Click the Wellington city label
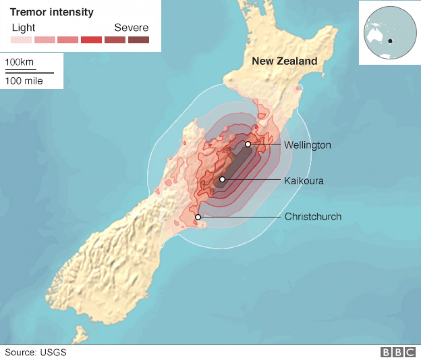click(307, 145)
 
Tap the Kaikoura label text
click(303, 180)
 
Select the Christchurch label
click(313, 216)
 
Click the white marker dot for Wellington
click(248, 144)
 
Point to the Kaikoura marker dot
click(222, 179)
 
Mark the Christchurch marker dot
click(198, 217)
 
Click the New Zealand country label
click(284, 61)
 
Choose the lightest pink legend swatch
click(21, 40)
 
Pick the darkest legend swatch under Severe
click(139, 40)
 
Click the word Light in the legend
click(23, 28)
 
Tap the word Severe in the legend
click(132, 28)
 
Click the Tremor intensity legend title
click(52, 12)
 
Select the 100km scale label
click(19, 62)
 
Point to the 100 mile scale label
click(24, 81)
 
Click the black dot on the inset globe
click(390, 41)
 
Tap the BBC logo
click(398, 352)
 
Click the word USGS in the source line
click(54, 352)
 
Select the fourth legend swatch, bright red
click(92, 40)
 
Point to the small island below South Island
click(80, 335)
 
